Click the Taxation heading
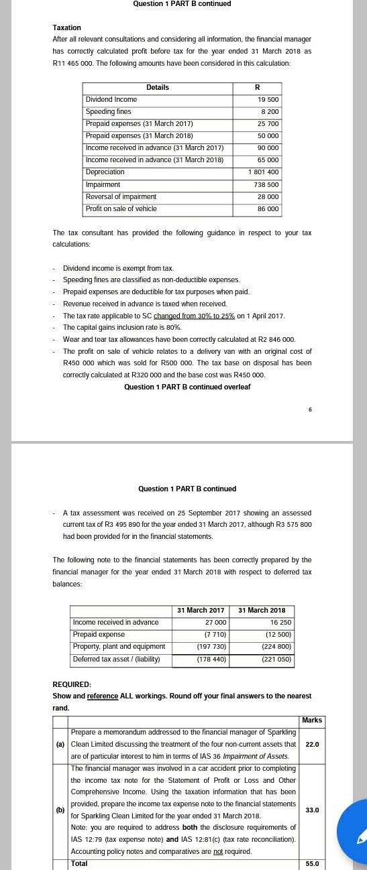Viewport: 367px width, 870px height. click(x=66, y=27)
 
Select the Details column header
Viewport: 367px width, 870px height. click(x=158, y=88)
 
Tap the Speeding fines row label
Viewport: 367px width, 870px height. click(x=109, y=112)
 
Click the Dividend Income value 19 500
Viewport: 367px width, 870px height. click(x=268, y=100)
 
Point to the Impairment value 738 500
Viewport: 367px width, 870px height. click(x=266, y=185)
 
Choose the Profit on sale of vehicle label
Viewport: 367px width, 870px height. click(x=121, y=209)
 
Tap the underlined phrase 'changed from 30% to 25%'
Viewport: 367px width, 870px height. click(x=194, y=316)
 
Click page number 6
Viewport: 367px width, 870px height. click(x=310, y=410)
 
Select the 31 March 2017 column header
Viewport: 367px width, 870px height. click(x=201, y=611)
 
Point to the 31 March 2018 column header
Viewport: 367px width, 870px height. click(x=262, y=611)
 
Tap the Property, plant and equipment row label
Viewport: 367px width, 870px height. click(x=119, y=647)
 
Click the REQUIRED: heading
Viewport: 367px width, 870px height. click(x=72, y=684)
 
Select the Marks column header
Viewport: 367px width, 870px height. click(x=312, y=721)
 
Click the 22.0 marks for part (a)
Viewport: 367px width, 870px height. click(x=312, y=745)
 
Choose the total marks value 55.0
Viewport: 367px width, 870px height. click(x=312, y=864)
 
